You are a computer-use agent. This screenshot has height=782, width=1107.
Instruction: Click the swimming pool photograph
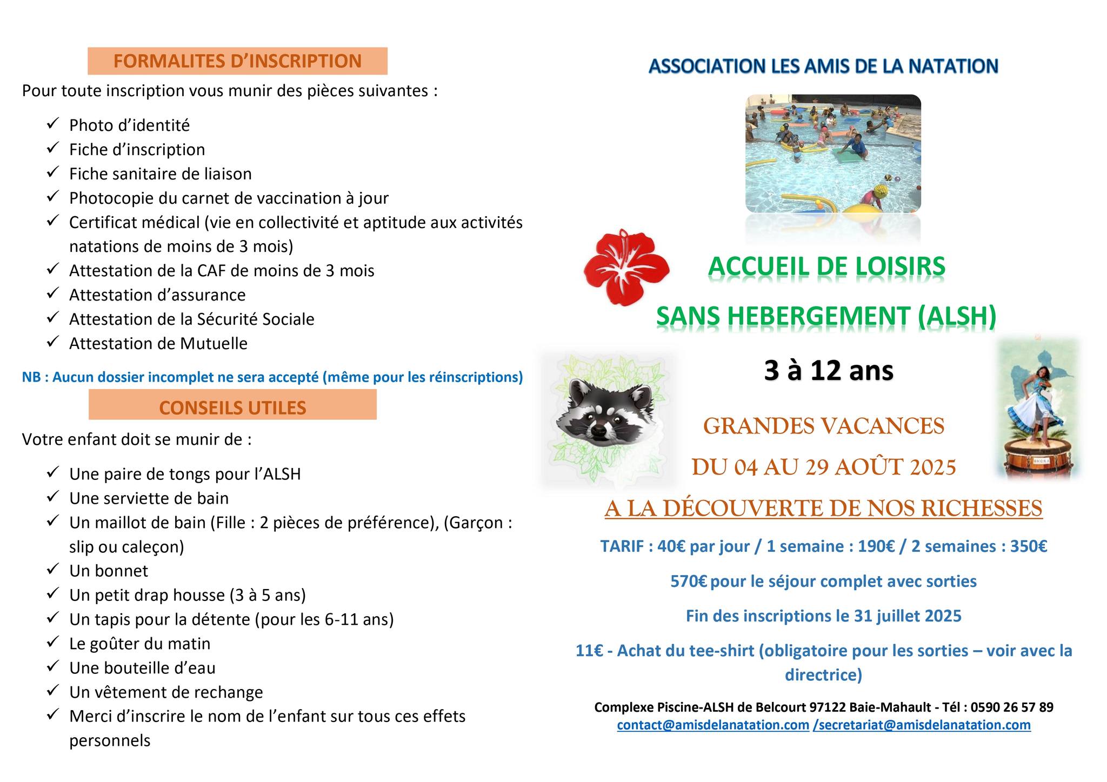click(x=833, y=153)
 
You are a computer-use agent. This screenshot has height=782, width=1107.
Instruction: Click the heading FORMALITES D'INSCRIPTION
click(x=237, y=61)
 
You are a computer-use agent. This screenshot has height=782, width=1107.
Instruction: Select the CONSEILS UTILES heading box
click(x=232, y=407)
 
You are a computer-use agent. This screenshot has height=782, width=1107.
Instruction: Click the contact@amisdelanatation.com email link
click(x=713, y=725)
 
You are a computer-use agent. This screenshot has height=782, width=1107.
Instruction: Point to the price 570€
click(x=689, y=582)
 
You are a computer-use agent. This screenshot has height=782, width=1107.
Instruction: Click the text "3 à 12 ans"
click(x=828, y=371)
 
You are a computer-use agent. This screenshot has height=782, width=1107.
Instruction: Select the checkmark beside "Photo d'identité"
click(x=52, y=124)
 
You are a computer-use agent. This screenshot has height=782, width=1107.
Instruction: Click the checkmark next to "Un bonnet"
click(x=52, y=569)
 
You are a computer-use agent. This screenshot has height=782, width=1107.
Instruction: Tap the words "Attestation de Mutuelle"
click(x=158, y=344)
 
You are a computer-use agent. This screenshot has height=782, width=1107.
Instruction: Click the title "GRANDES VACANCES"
click(x=823, y=426)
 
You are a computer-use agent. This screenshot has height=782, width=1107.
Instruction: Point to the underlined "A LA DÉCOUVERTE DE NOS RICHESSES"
click(x=823, y=509)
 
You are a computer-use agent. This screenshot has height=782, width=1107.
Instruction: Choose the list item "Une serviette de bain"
click(x=149, y=498)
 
